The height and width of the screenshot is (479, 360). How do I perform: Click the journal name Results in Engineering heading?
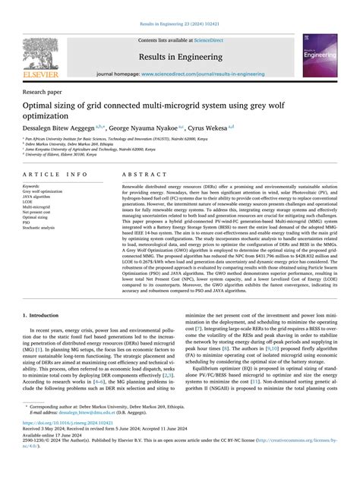click(180, 55)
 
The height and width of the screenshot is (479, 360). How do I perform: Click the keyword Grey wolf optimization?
click(43, 191)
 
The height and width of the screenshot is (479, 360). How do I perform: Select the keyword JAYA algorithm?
click(39, 197)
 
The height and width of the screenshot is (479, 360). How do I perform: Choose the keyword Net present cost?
click(40, 212)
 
